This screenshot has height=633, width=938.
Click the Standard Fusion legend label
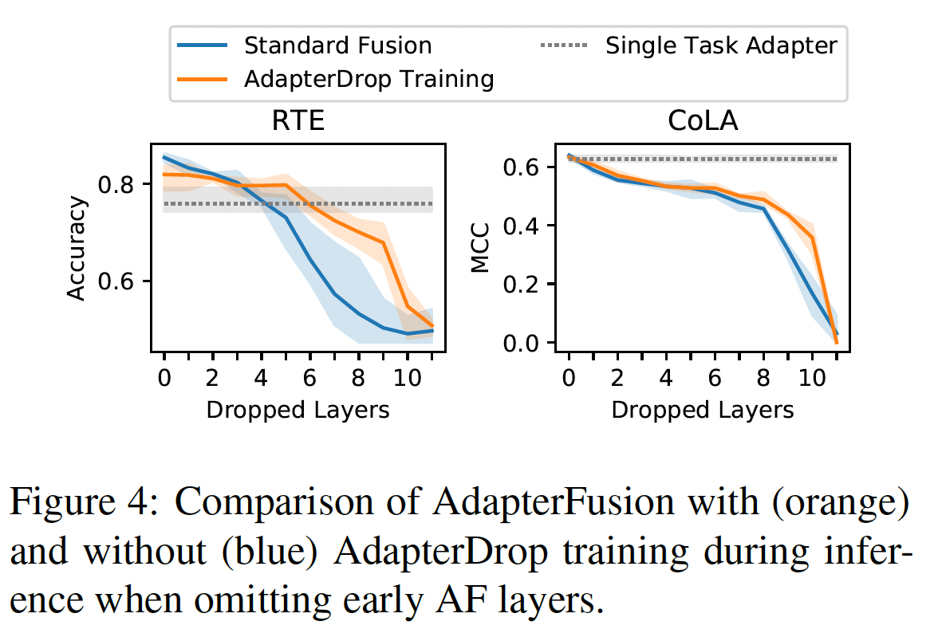click(x=338, y=45)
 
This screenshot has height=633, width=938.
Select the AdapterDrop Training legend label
click(x=369, y=79)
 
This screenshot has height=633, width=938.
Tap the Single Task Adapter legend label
click(x=721, y=45)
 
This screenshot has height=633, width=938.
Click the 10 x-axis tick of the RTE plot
click(x=407, y=375)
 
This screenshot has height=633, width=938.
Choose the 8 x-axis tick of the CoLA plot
click(x=763, y=375)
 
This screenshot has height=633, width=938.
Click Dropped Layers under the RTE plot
click(x=298, y=410)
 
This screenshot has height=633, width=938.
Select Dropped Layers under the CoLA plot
click(x=703, y=410)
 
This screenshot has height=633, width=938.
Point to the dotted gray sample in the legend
click(x=563, y=45)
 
